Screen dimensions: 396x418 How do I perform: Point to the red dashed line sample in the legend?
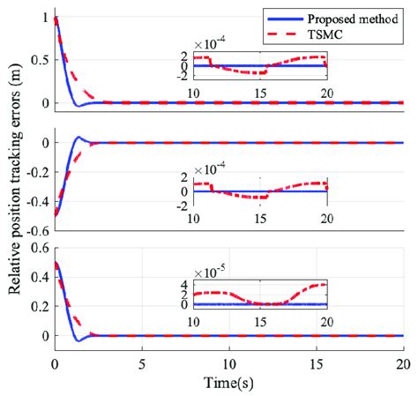[x=278, y=34]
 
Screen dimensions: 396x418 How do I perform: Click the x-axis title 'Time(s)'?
[x=228, y=385]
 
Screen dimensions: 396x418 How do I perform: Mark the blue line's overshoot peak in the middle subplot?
[x=78, y=137]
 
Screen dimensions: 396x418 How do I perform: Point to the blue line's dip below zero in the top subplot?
[x=78, y=106]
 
